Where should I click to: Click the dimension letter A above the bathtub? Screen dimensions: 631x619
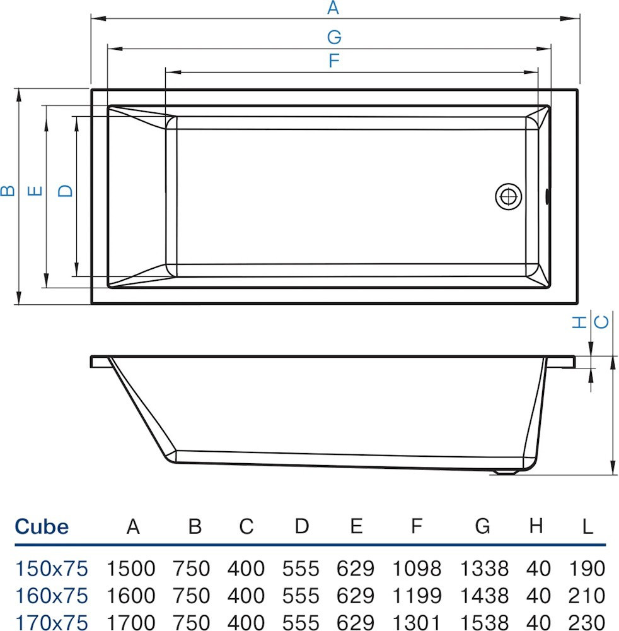[333, 8]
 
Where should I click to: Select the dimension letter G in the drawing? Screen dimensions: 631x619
[334, 37]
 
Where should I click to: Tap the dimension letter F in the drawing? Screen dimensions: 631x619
[334, 61]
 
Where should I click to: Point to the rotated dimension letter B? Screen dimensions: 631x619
[8, 190]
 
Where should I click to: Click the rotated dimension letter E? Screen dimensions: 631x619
[37, 190]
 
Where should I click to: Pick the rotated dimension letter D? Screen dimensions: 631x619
[66, 190]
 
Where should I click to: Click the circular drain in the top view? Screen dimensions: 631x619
[508, 196]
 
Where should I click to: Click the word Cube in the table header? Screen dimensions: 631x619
[42, 526]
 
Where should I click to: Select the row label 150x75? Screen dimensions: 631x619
[51, 569]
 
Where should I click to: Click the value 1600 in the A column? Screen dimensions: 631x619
[130, 595]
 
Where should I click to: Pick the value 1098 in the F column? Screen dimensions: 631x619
[416, 569]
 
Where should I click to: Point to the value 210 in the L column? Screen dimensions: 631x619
[586, 595]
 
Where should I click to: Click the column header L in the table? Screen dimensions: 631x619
[587, 526]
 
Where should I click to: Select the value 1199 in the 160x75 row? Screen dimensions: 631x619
[416, 595]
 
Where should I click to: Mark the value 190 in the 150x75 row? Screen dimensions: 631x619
[586, 569]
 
